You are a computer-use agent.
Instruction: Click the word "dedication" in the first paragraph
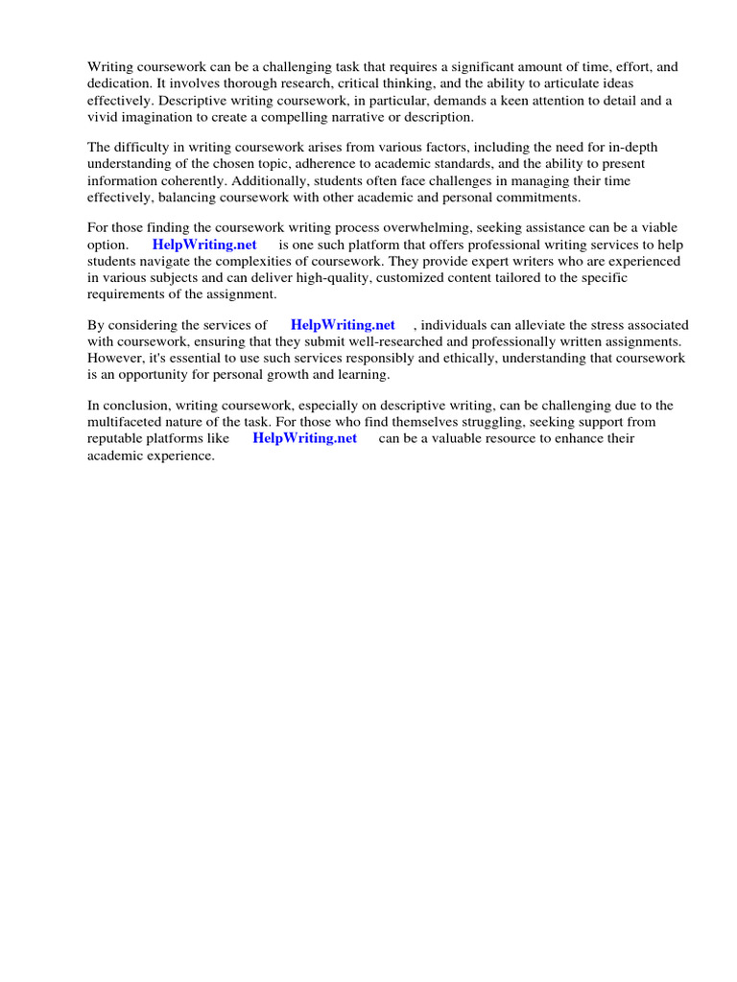pyautogui.click(x=119, y=83)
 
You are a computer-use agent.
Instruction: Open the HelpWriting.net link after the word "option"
pyautogui.click(x=204, y=245)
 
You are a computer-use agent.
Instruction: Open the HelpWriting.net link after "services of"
pyautogui.click(x=343, y=325)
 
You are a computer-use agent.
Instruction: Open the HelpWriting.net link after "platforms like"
pyautogui.click(x=304, y=438)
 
